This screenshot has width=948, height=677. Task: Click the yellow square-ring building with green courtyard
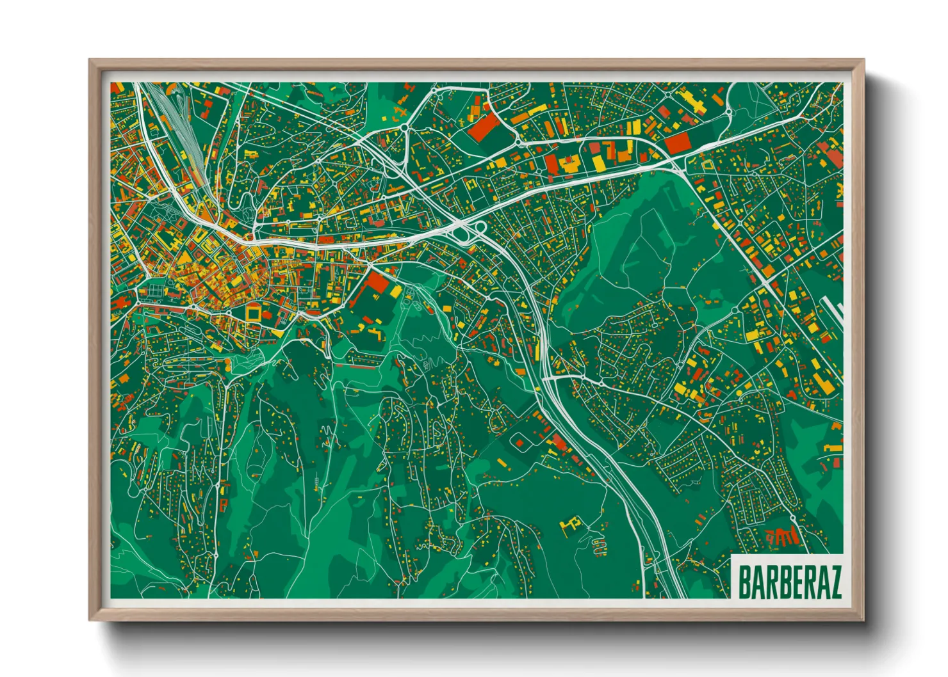point(254,313)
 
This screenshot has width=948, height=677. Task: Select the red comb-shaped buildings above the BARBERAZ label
point(783,536)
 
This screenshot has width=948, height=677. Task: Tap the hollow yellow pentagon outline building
point(707,165)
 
